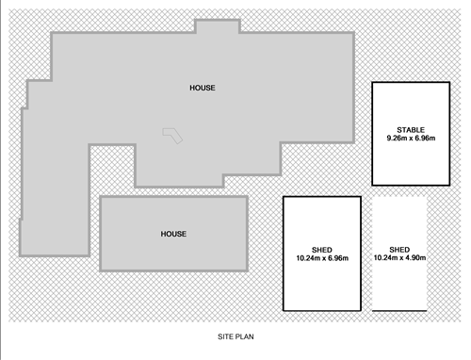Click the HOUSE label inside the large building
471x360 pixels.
pos(202,88)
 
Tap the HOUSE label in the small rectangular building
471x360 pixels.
pos(173,234)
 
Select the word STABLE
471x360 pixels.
pos(410,129)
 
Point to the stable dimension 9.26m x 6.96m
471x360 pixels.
pos(410,139)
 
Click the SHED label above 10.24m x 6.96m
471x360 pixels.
pos(322,249)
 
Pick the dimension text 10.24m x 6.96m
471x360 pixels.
pos(322,258)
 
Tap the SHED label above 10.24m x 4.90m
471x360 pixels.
pos(399,249)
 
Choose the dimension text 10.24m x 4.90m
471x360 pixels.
pos(399,258)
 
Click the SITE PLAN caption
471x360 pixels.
pos(235,335)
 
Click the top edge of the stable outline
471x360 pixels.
pos(410,83)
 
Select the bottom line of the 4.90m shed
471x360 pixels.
pos(399,310)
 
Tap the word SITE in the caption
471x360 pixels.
pos(225,335)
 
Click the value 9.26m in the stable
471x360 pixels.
pos(396,139)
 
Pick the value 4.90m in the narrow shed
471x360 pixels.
pos(415,258)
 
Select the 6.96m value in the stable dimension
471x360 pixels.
pos(424,139)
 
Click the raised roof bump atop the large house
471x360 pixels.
pos(218,25)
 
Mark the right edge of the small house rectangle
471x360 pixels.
pos(247,234)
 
